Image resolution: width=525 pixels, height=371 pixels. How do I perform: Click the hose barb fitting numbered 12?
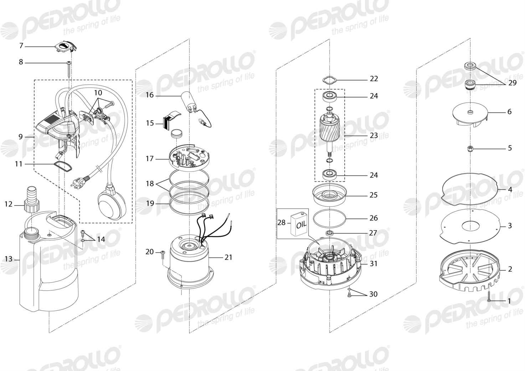31,200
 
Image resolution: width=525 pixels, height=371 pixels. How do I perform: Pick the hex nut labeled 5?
470,149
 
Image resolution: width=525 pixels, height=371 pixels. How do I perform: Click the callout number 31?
374,264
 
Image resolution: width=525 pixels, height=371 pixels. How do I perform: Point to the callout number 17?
150,159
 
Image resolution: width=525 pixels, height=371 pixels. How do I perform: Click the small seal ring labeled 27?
330,233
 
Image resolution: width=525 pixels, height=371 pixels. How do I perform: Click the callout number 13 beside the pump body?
9,259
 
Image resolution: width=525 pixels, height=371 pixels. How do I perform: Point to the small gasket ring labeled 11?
63,166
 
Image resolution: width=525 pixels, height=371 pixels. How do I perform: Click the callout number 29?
512,83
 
